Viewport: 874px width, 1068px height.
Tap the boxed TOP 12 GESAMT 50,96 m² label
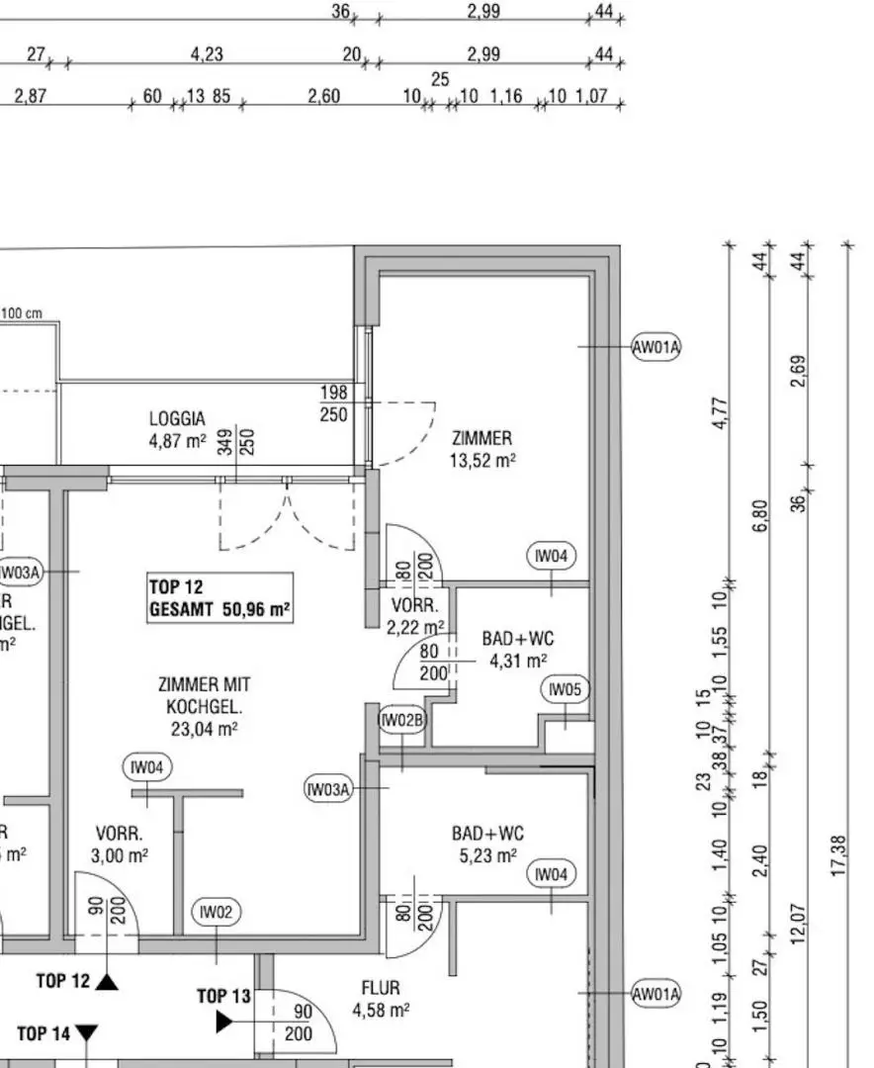pos(220,597)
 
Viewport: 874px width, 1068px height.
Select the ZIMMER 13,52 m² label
pos(482,450)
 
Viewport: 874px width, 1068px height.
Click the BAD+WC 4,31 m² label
pos(518,649)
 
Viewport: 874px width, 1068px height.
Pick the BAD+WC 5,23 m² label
pos(487,845)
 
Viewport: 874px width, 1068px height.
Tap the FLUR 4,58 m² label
pos(381,999)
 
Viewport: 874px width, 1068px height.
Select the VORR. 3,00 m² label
pos(120,845)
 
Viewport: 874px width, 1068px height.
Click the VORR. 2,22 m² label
pos(415,616)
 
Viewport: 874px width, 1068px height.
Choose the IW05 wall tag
pos(566,690)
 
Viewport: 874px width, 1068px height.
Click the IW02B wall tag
pos(402,720)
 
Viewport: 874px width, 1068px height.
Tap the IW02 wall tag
pos(216,912)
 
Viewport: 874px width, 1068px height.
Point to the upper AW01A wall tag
pos(656,347)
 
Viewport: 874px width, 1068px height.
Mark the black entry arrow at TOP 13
pos(224,1022)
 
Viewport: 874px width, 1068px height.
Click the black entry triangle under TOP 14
pos(87,1032)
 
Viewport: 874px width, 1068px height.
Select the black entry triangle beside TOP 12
pos(107,982)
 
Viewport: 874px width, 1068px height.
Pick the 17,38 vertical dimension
pos(837,855)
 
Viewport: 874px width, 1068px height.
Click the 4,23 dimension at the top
pos(207,53)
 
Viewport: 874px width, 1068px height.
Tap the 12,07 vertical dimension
pos(799,924)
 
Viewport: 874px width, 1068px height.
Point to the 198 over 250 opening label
pos(334,403)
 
